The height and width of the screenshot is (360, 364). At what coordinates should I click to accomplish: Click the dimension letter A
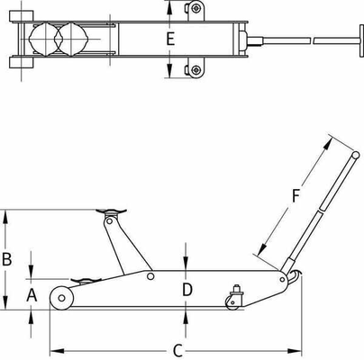pos(30,293)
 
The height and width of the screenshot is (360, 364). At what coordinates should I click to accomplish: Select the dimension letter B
pos(7,258)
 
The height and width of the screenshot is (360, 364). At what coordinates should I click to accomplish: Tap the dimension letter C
pos(178,348)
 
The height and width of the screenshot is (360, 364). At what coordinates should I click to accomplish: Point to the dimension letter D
pos(187,289)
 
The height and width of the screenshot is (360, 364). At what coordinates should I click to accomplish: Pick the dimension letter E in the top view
pos(171,39)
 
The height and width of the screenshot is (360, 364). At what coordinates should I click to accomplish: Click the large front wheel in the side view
pos(61,297)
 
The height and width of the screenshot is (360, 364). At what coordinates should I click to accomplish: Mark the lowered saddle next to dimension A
pos(82,279)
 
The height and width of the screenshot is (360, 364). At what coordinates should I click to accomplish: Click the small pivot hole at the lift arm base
pos(151,276)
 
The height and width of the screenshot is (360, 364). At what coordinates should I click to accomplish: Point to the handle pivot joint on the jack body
pos(289,276)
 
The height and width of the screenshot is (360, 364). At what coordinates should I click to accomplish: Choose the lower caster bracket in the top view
pos(193,70)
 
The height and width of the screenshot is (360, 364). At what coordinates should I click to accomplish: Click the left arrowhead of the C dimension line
pos(52,348)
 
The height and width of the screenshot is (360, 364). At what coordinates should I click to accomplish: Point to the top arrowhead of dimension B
pos(8,214)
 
